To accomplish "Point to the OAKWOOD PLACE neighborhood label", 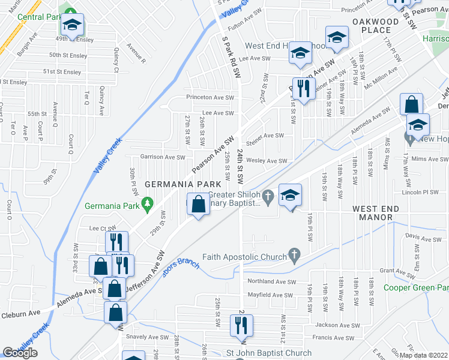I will (x=376, y=26).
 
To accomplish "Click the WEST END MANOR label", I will (x=375, y=212).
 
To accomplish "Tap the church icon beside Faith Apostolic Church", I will (x=294, y=257).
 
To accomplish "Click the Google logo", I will (x=20, y=353).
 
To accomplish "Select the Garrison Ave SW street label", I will (x=163, y=157).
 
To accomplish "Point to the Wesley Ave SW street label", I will (x=267, y=161).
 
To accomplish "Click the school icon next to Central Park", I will (x=73, y=25).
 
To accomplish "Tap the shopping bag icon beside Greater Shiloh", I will (x=198, y=205).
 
